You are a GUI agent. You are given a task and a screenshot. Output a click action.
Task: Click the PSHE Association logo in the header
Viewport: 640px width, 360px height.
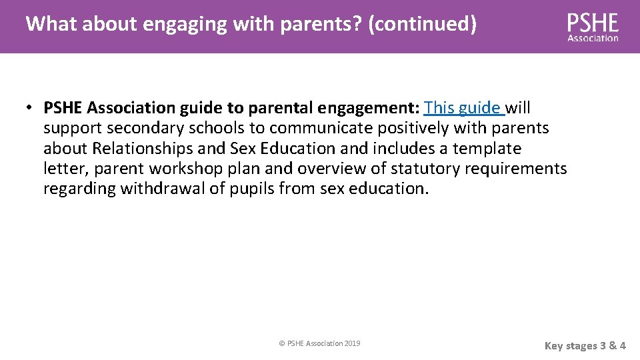click(593, 27)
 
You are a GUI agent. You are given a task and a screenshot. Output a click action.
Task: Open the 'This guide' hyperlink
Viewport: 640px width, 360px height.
click(463, 107)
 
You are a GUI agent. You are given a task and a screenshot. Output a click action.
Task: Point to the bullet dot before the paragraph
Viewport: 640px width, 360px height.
click(31, 108)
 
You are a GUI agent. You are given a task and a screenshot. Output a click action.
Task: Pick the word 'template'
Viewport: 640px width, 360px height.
click(487, 148)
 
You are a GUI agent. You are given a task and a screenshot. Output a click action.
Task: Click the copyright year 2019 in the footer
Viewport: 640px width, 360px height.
click(351, 343)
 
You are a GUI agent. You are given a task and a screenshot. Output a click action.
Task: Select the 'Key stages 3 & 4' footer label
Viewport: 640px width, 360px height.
click(585, 345)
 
